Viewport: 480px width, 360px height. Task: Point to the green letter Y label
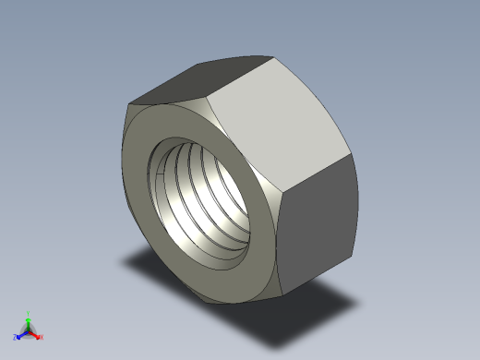click(29, 312)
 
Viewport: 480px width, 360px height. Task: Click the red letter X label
click(42, 337)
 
